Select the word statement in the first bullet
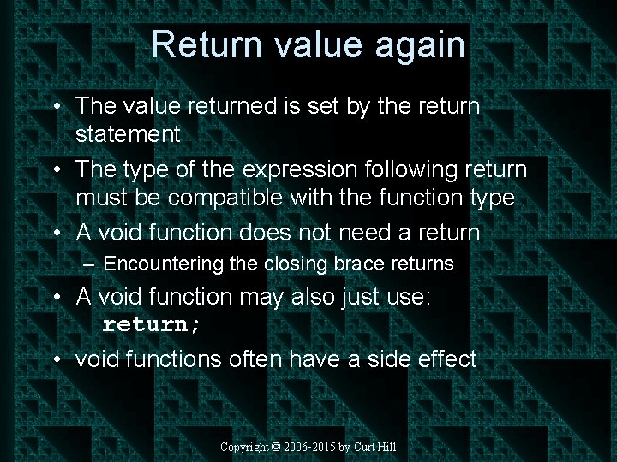(x=128, y=134)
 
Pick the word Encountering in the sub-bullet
(x=164, y=264)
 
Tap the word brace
(x=364, y=264)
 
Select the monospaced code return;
(x=152, y=325)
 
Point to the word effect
(x=444, y=359)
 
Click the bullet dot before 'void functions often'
(x=55, y=359)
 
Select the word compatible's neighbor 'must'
(x=98, y=198)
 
